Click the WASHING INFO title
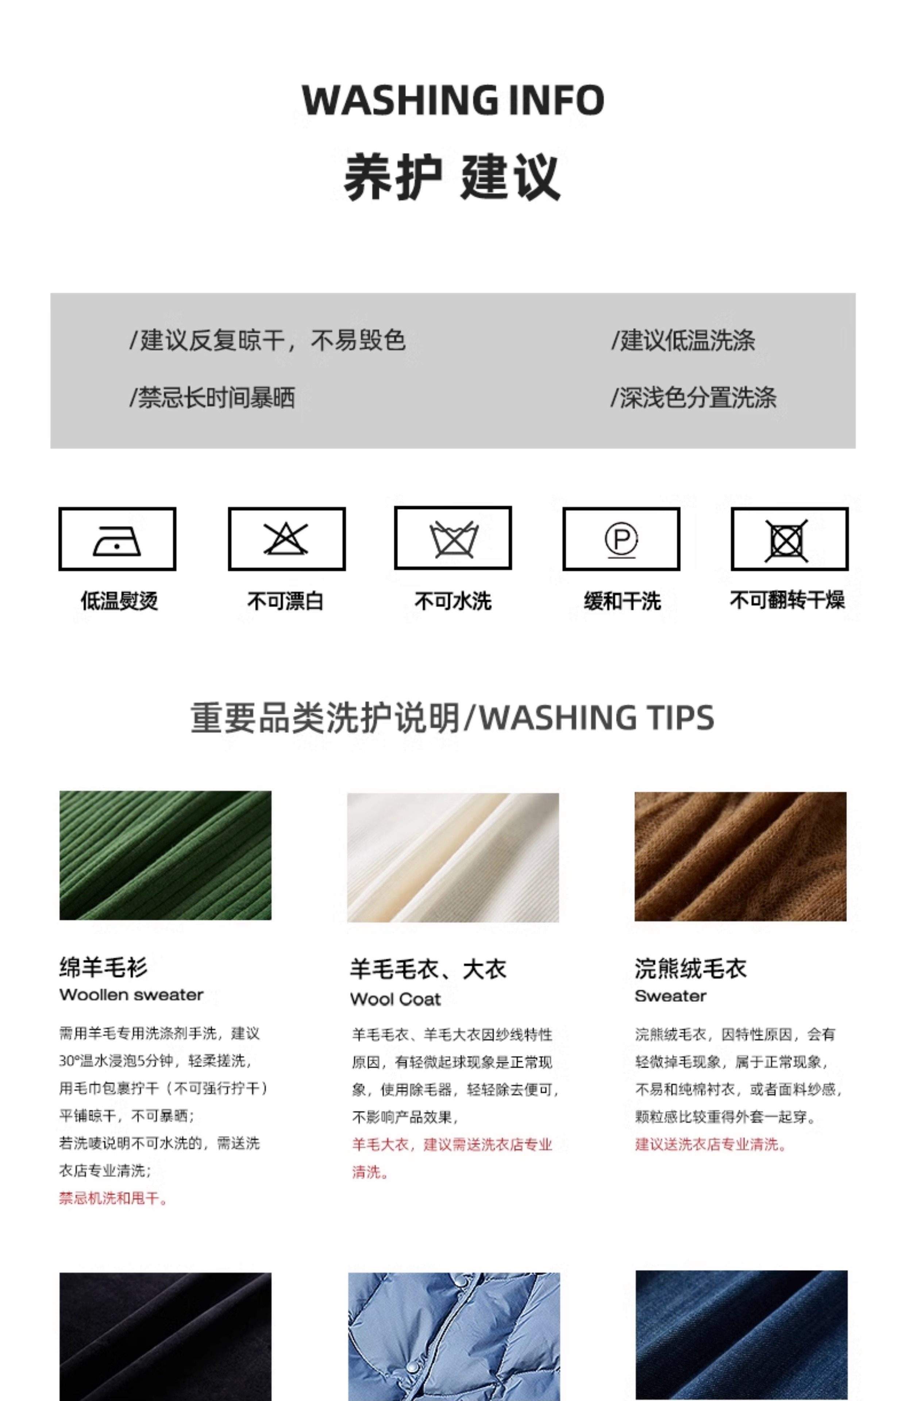pos(452,100)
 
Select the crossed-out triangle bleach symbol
pos(286,539)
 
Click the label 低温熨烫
pos(119,601)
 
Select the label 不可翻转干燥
pos(787,600)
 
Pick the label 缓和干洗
pos(622,601)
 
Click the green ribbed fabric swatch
pos(165,855)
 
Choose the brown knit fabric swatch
pos(740,856)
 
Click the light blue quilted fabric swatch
pos(454,1337)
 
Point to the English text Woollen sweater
pos(131,995)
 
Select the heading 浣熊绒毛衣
pos(690,969)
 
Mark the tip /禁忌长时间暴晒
pos(212,398)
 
